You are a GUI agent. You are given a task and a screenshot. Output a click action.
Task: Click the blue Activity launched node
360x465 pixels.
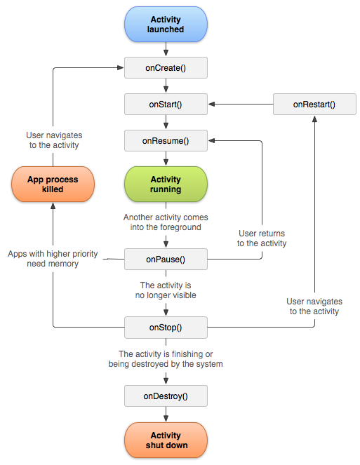[x=166, y=25]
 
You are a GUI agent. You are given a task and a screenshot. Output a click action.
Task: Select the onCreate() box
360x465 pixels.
[x=166, y=67]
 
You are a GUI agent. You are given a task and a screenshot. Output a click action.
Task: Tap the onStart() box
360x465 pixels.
[x=166, y=105]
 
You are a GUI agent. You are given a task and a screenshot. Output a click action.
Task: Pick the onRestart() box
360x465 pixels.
[x=314, y=105]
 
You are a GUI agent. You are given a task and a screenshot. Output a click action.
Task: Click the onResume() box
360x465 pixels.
[x=166, y=141]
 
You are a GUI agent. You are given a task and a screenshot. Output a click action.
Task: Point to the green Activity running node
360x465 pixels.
[x=166, y=184]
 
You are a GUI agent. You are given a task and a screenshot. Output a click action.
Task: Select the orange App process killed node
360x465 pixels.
[x=53, y=184]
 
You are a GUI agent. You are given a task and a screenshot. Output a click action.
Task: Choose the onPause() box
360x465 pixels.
[x=166, y=259]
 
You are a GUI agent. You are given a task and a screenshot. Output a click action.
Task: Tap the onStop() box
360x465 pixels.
[x=166, y=328]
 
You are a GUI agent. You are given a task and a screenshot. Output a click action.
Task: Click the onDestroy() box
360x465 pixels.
[x=166, y=396]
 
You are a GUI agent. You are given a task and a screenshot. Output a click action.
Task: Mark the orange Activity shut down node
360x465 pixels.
[x=166, y=440]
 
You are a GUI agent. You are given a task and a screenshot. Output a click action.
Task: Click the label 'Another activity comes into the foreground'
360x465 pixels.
[x=166, y=222]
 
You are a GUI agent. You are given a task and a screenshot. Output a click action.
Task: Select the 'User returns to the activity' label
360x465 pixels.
[x=262, y=238]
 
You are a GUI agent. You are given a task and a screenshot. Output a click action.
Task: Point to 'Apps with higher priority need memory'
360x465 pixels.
[x=53, y=258]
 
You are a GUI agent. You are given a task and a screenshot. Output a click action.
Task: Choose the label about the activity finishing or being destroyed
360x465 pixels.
[x=166, y=359]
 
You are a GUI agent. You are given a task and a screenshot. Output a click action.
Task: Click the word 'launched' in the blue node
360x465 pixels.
[x=166, y=30]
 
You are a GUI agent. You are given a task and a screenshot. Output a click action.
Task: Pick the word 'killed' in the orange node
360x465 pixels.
[x=53, y=189]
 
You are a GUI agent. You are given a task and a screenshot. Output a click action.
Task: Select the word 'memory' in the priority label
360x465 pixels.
[x=64, y=264]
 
